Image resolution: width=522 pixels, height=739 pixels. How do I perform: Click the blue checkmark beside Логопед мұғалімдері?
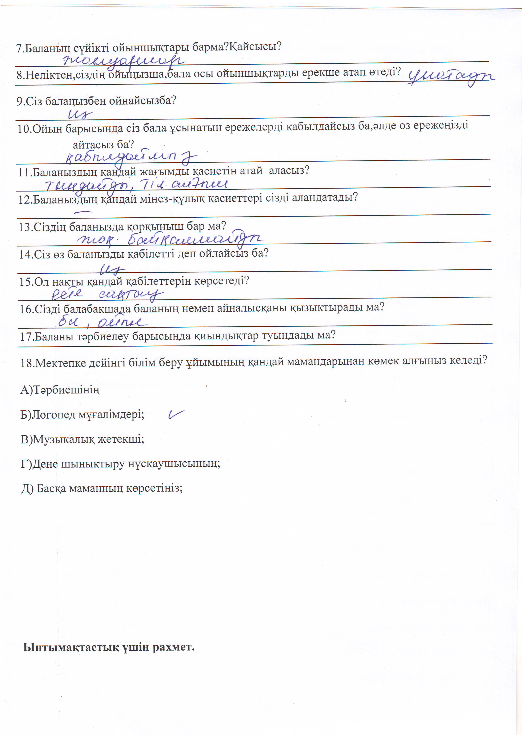pos(176,415)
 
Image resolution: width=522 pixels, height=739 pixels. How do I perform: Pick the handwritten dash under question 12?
pos(83,212)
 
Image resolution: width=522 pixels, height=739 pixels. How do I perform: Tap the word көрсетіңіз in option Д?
pos(154,489)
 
